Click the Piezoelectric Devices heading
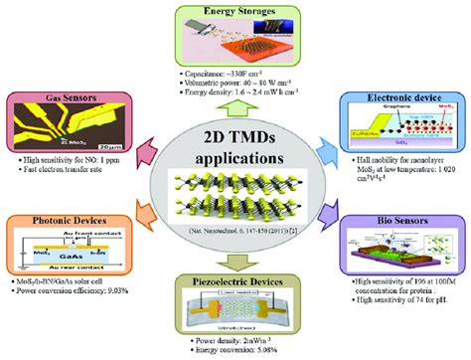[x=236, y=282]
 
